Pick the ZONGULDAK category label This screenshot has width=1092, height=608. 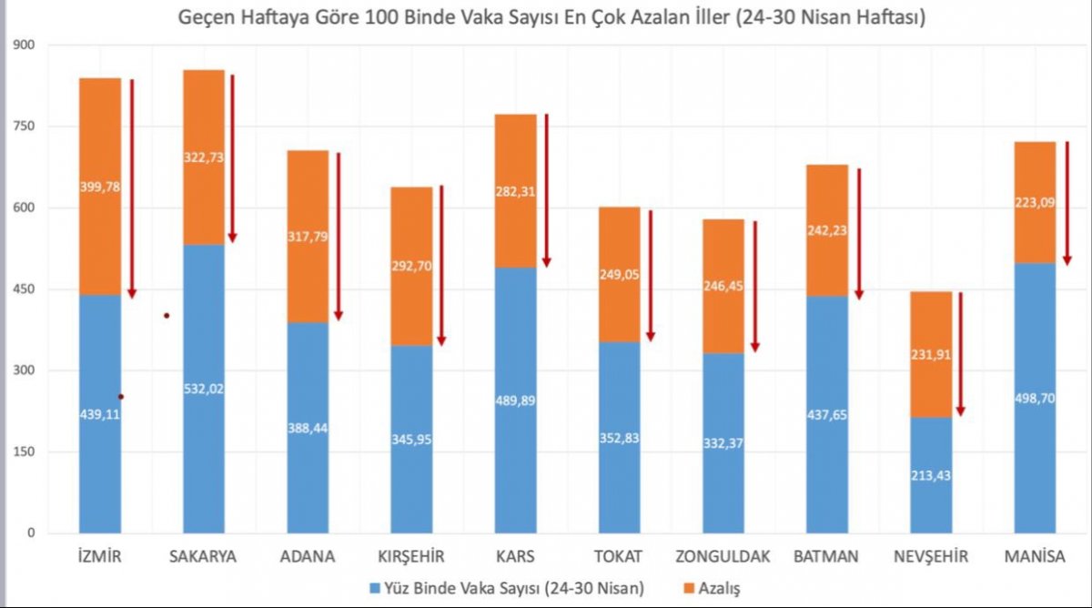click(x=723, y=556)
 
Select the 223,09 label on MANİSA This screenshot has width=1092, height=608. click(x=1035, y=205)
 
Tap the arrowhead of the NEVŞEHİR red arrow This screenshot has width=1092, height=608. click(x=960, y=410)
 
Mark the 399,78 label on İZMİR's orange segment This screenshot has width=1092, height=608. click(x=100, y=187)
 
